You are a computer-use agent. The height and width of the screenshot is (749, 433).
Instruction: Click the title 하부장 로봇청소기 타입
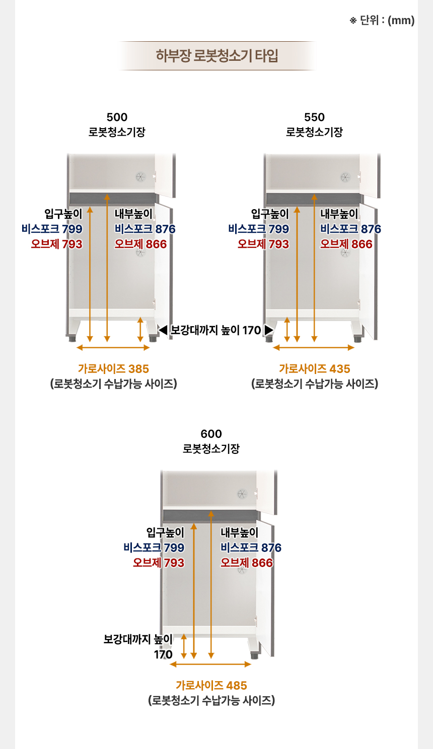pos(216,55)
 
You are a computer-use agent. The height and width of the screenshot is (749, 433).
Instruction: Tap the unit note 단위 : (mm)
pos(387,21)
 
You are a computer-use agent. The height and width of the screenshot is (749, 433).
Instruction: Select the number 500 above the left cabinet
pos(117,117)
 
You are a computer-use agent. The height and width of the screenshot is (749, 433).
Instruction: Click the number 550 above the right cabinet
pos(315,117)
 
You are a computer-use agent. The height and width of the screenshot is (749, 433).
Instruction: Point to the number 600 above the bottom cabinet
pos(211,434)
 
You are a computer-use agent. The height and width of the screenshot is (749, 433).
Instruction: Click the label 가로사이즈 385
pos(113,369)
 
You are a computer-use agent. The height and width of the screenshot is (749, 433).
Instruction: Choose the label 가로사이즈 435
pos(315,369)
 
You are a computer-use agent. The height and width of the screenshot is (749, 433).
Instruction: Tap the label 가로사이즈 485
pos(211,686)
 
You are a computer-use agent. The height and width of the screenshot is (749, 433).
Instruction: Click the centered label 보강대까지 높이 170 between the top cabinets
pos(215,330)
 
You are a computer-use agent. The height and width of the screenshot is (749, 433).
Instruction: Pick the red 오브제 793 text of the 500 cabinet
pos(56,244)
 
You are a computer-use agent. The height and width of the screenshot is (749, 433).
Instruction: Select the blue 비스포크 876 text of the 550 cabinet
pos(350,229)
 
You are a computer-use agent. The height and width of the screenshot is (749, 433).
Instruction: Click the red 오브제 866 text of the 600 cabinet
pos(247,563)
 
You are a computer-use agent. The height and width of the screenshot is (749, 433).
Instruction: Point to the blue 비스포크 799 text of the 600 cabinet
pos(154,548)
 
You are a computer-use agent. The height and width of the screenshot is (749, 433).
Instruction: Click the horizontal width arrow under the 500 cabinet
pos(113,348)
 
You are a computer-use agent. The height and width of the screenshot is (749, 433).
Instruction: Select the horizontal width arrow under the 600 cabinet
pos(210,665)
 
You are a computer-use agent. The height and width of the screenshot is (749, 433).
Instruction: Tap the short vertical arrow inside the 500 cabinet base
pos(140,329)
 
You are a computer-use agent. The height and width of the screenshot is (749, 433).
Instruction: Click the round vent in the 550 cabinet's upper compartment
pos(345,177)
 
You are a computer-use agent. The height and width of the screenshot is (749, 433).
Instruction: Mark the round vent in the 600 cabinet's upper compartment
pos(242,494)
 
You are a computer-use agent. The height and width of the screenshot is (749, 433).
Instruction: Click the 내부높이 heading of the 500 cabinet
pos(133,214)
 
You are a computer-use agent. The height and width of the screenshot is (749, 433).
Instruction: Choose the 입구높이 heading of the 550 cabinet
pos(270,214)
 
